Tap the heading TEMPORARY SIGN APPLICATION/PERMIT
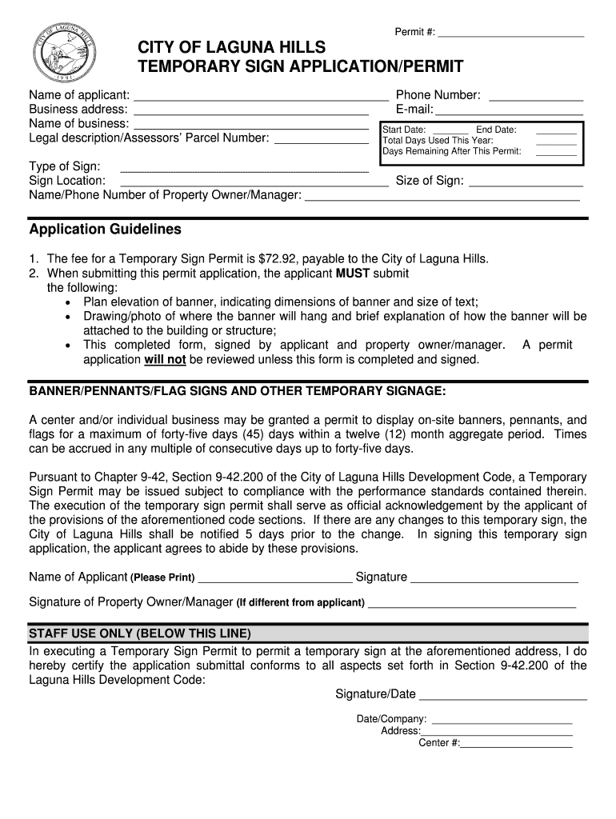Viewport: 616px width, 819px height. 300,66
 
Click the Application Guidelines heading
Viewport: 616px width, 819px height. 106,230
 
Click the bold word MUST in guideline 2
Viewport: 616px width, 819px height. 352,274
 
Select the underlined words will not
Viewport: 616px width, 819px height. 165,360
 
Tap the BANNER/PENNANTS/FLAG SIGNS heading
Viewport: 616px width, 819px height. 238,391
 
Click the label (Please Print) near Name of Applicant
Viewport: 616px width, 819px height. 162,577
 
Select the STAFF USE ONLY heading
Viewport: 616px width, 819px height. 140,633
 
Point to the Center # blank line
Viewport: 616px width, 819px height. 516,745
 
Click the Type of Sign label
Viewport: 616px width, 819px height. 65,166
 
